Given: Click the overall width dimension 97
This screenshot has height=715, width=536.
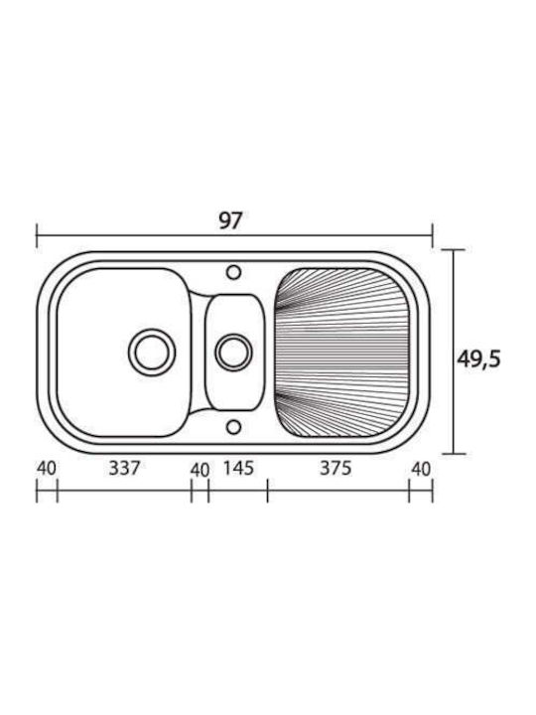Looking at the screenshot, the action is click(229, 221).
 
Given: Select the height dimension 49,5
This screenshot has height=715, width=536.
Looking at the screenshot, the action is click(478, 359).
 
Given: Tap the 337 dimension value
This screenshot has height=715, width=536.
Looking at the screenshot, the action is click(124, 468).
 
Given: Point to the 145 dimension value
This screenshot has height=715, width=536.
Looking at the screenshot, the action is click(238, 468).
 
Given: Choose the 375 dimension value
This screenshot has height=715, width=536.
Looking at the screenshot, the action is click(335, 468).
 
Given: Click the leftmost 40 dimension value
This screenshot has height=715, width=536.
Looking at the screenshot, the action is click(47, 469).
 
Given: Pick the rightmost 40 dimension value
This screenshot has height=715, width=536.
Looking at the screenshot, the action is click(421, 469).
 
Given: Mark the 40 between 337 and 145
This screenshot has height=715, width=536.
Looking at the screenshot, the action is click(200, 470).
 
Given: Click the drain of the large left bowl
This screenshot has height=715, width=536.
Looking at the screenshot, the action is click(152, 353).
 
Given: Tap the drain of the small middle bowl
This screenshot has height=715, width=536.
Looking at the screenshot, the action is click(233, 352).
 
